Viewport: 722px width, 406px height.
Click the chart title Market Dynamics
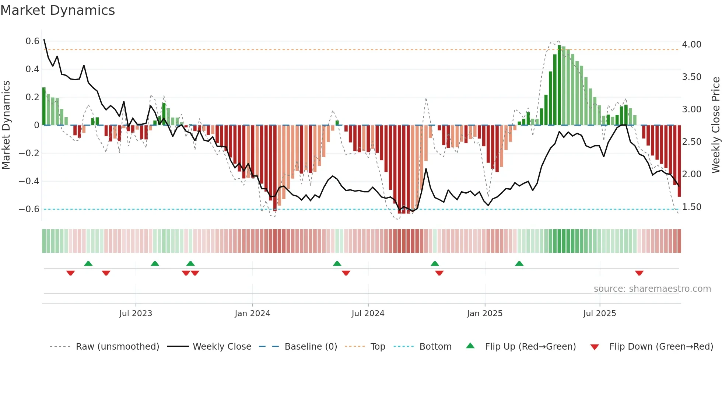(x=58, y=10)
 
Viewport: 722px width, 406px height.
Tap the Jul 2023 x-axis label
(x=136, y=314)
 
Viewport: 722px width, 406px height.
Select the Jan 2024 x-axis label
(x=252, y=314)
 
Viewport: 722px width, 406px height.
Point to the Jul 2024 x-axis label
(x=368, y=314)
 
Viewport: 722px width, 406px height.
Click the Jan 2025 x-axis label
(x=484, y=314)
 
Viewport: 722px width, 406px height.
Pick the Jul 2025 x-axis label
(x=599, y=314)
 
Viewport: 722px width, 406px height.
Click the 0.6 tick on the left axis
(x=32, y=41)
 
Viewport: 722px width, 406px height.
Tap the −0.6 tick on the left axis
(x=29, y=209)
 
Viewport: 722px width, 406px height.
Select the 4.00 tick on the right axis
(x=691, y=45)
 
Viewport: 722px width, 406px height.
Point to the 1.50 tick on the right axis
(x=691, y=207)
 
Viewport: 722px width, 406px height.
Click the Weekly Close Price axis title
(x=715, y=125)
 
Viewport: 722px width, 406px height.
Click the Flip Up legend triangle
(x=470, y=346)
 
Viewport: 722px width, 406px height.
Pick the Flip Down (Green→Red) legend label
(x=661, y=347)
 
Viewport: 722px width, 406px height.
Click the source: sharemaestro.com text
(x=652, y=289)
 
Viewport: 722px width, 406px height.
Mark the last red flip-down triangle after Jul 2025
(x=639, y=273)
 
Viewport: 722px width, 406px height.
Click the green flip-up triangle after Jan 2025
(x=519, y=263)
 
